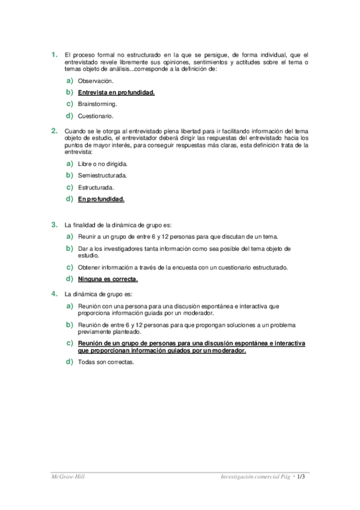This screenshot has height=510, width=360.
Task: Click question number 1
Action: [x=53, y=55]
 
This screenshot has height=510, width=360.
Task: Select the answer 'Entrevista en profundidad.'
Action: [x=116, y=93]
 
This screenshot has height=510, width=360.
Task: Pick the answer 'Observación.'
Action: [x=95, y=81]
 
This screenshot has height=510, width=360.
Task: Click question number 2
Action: [x=53, y=131]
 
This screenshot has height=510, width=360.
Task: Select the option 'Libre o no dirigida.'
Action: [x=102, y=164]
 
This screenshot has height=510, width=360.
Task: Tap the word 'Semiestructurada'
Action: [x=102, y=176]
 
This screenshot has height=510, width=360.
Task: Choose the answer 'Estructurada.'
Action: [x=96, y=188]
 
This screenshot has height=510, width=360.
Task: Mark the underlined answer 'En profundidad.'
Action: [x=101, y=199]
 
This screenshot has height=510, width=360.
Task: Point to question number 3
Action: [x=53, y=224]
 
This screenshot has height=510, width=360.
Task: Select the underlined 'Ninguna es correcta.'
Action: [x=108, y=279]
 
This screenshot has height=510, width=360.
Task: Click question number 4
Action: [x=53, y=293]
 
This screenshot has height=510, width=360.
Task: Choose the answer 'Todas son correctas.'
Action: [x=106, y=362]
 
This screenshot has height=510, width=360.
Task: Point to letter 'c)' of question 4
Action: [x=70, y=343]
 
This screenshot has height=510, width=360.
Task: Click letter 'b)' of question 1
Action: [x=70, y=92]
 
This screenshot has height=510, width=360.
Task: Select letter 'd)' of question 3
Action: [x=70, y=278]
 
